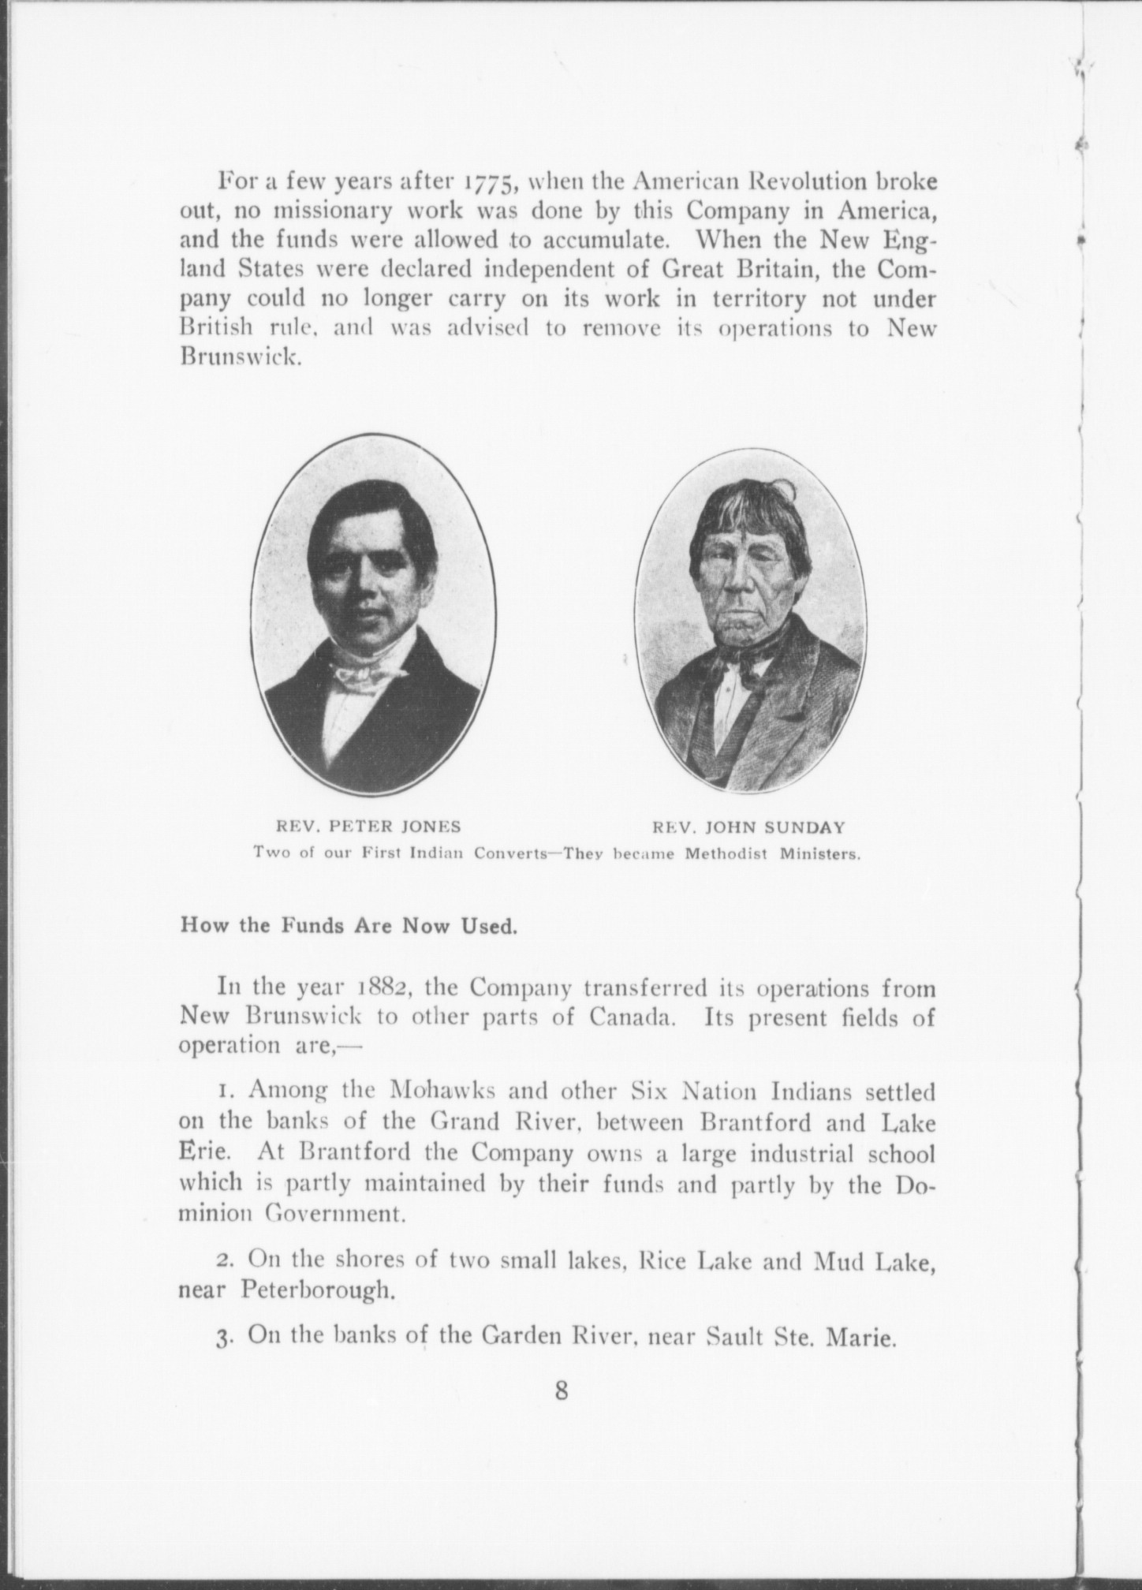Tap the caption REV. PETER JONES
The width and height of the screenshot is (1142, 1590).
[367, 827]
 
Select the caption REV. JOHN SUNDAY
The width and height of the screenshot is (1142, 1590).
[748, 828]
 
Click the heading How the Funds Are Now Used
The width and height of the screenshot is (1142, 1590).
[349, 925]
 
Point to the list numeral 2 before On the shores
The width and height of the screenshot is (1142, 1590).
[223, 1263]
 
